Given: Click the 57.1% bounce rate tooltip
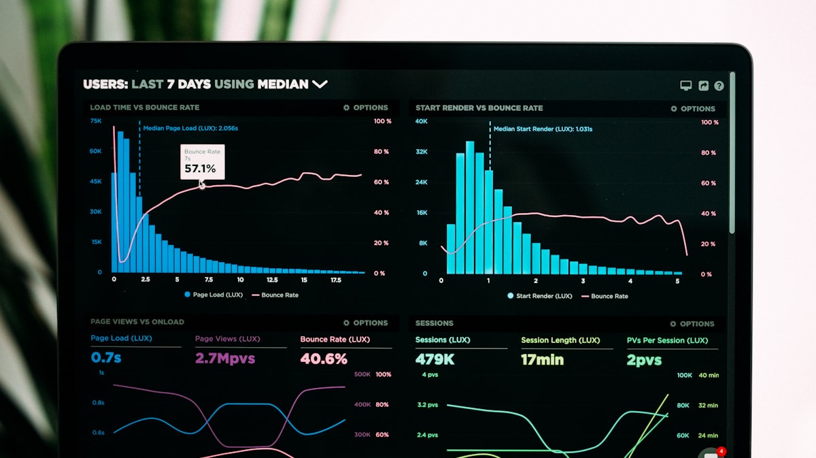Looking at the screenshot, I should click(x=202, y=162).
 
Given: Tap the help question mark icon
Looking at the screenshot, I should click(x=719, y=86).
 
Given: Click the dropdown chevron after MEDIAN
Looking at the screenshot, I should click(x=320, y=84).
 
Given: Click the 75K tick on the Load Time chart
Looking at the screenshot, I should click(x=96, y=120).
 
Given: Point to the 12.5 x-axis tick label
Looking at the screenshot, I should click(x=272, y=280).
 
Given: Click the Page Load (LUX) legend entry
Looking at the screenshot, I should click(x=213, y=295).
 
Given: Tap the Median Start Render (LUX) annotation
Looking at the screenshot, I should click(x=542, y=129).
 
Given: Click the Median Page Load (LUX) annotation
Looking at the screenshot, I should click(x=190, y=128).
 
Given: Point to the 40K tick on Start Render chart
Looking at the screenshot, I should click(x=422, y=121).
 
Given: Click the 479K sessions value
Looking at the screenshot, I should click(x=435, y=359).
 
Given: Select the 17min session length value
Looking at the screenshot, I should click(x=542, y=359).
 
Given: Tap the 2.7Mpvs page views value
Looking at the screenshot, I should click(x=224, y=358).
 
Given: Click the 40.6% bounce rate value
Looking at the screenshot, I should click(x=324, y=358).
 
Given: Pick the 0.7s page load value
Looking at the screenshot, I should click(x=106, y=357).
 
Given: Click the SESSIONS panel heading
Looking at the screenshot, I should click(x=434, y=323).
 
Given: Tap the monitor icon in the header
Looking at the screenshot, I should click(x=686, y=86).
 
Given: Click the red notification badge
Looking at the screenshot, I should click(x=721, y=451).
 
